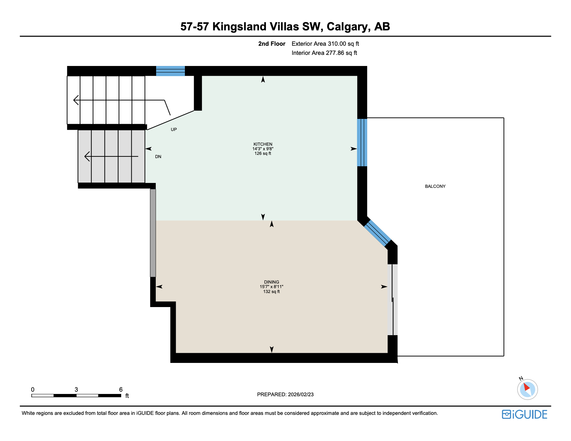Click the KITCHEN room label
pos(263,144)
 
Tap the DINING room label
pos(271,282)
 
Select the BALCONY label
pos(435,186)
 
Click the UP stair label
pos(174,130)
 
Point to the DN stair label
pos(158,157)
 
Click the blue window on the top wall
pos(170,71)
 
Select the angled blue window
pos(377,233)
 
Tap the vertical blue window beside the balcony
pos(362,142)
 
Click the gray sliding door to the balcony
pos(392,300)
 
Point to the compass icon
pos(527,389)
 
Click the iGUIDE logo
pos(525,414)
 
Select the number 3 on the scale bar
pos(76,389)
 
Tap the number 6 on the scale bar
pos(121,389)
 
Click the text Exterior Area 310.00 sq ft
pos(325,44)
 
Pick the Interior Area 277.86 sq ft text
pos(324,53)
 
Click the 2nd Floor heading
pos(271,44)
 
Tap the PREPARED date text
pos(285,394)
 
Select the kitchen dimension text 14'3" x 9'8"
pos(263,149)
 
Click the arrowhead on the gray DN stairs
pos(87,156)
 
